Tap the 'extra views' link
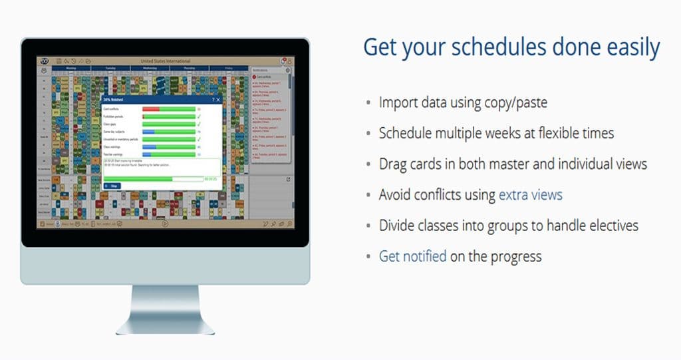click(530, 195)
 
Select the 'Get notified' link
click(412, 256)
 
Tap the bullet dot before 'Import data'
click(368, 104)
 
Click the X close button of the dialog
click(218, 99)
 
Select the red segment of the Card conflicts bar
click(151, 108)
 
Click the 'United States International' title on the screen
click(166, 61)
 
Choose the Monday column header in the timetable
click(71, 68)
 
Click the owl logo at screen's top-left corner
click(44, 61)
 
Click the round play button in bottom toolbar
click(166, 224)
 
